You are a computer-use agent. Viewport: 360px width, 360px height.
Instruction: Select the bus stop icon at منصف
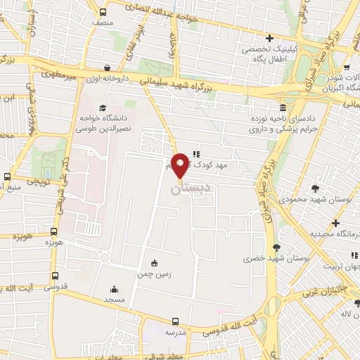coord(103,12)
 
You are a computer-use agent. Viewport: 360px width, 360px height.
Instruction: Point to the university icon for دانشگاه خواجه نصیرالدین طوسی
coord(103,108)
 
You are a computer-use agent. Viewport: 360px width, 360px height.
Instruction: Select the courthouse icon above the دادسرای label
coord(282,108)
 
